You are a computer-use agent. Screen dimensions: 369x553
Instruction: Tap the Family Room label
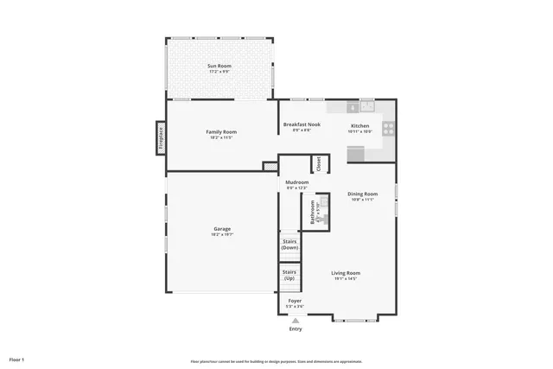221,131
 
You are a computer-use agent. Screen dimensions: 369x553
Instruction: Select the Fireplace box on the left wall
160,138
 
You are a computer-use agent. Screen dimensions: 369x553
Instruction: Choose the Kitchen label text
359,125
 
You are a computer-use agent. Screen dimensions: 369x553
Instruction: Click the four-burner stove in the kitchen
388,128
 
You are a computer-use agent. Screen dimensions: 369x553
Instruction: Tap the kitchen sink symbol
366,106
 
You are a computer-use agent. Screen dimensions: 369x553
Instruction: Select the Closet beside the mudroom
317,162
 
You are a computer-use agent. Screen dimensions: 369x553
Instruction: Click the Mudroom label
297,183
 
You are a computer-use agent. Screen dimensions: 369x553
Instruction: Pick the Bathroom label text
313,212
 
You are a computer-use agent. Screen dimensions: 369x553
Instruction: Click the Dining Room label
363,194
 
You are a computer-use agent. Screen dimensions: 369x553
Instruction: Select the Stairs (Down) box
289,245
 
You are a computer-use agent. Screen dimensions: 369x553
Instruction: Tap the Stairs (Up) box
289,276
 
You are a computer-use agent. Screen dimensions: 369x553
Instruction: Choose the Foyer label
295,301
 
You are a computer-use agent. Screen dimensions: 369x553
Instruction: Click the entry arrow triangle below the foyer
295,321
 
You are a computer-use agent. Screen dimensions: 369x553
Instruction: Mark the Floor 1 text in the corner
16,359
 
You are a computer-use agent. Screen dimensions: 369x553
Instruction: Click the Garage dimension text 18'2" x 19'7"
221,234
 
